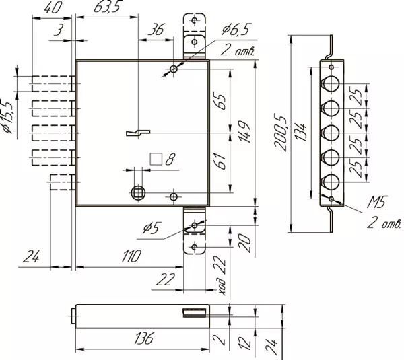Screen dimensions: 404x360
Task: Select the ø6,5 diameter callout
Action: point(236,29)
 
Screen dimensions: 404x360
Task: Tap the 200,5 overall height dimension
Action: point(281,134)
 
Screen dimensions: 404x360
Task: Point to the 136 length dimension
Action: point(144,338)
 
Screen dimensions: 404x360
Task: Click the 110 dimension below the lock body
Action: point(131,256)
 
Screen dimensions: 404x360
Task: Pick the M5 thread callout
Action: point(377,202)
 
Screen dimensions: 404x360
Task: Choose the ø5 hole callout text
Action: point(151,227)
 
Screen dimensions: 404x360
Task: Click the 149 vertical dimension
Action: point(244,132)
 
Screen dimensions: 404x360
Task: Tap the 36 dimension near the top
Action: point(156,30)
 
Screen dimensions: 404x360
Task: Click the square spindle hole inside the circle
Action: point(138,192)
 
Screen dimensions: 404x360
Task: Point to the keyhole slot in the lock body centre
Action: point(138,133)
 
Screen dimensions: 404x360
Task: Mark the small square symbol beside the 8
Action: point(156,159)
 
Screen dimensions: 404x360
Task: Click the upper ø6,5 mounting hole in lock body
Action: point(174,69)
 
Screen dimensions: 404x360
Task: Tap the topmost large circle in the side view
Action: point(331,83)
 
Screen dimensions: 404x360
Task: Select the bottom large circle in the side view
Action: point(331,182)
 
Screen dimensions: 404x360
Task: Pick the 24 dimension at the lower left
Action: point(31,256)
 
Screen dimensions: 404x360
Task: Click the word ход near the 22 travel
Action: point(222,286)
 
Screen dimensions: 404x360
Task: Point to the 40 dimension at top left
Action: point(53,8)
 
